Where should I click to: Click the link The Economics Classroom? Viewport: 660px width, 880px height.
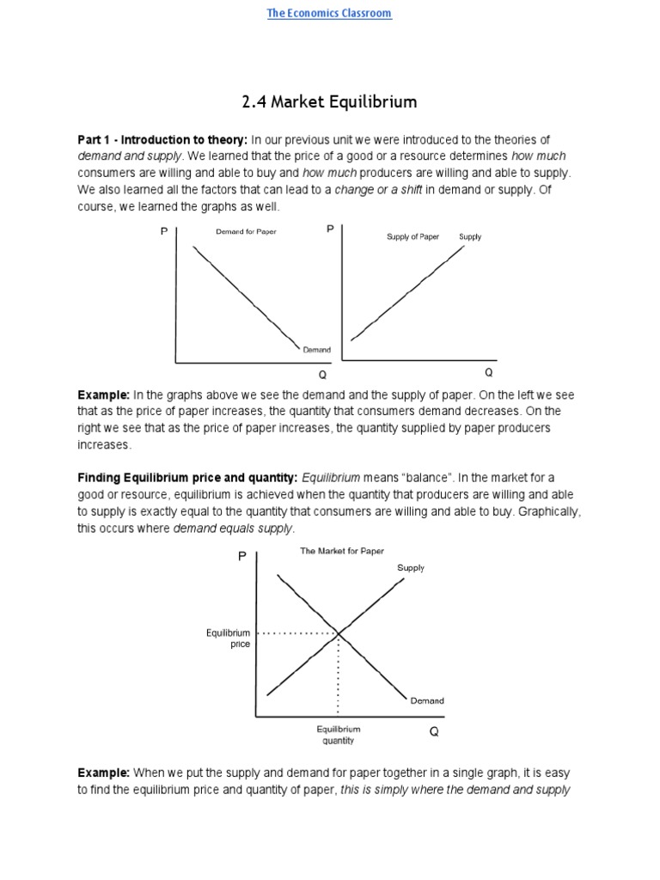pos(329,14)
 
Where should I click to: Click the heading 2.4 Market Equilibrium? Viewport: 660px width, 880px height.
pos(329,102)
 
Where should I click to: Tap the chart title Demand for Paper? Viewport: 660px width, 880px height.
pos(246,232)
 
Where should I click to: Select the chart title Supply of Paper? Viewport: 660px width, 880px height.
pos(412,236)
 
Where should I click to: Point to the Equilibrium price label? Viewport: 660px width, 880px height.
pos(229,639)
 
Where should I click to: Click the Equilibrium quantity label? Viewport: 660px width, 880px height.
pos(338,735)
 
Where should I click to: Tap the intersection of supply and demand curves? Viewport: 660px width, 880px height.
pos(338,633)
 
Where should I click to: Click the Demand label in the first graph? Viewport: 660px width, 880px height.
pos(316,350)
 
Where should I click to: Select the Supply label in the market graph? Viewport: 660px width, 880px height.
pos(411,568)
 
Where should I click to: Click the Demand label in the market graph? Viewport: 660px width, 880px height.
pos(427,700)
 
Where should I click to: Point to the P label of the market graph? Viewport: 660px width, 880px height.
pos(242,558)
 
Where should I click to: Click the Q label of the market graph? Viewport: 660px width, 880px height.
pos(434,732)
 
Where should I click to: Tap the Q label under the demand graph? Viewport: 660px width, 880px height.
pos(323,376)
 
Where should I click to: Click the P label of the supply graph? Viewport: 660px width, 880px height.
pos(330,229)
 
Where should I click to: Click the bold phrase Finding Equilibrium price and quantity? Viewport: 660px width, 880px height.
pos(187,477)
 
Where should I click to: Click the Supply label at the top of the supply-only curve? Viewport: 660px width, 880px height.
pos(470,236)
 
